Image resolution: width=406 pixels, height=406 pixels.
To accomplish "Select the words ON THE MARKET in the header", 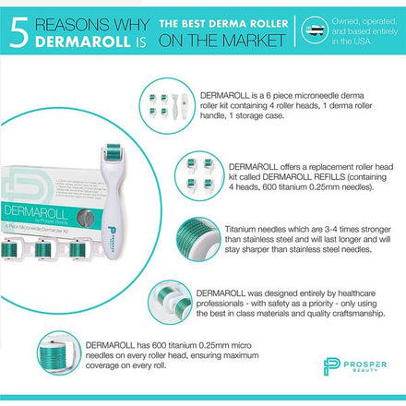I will tap(221, 41).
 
